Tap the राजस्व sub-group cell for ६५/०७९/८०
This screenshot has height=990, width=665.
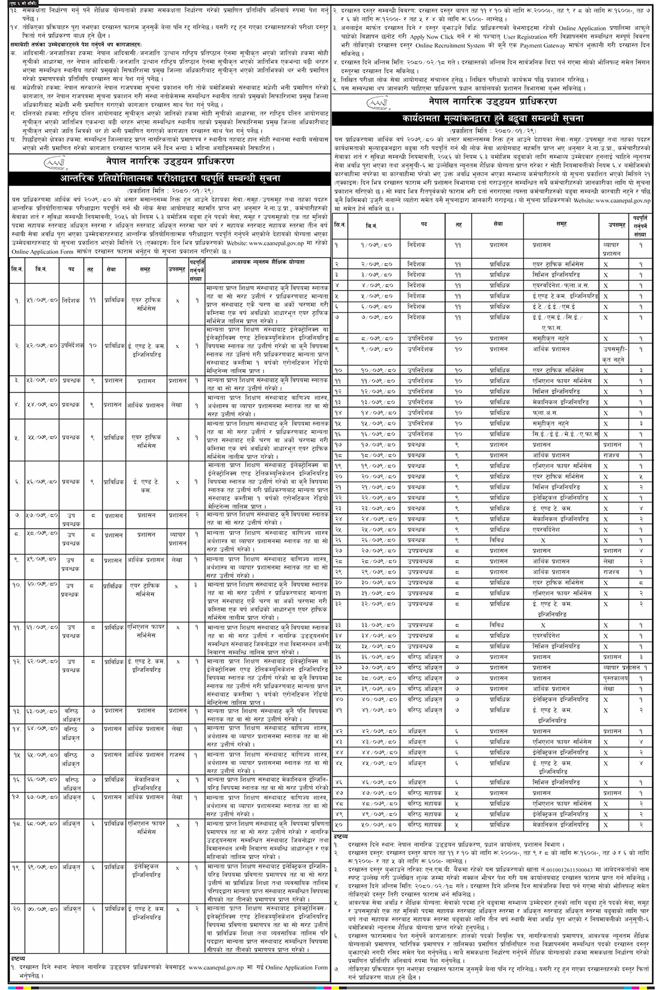[x=177, y=755]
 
